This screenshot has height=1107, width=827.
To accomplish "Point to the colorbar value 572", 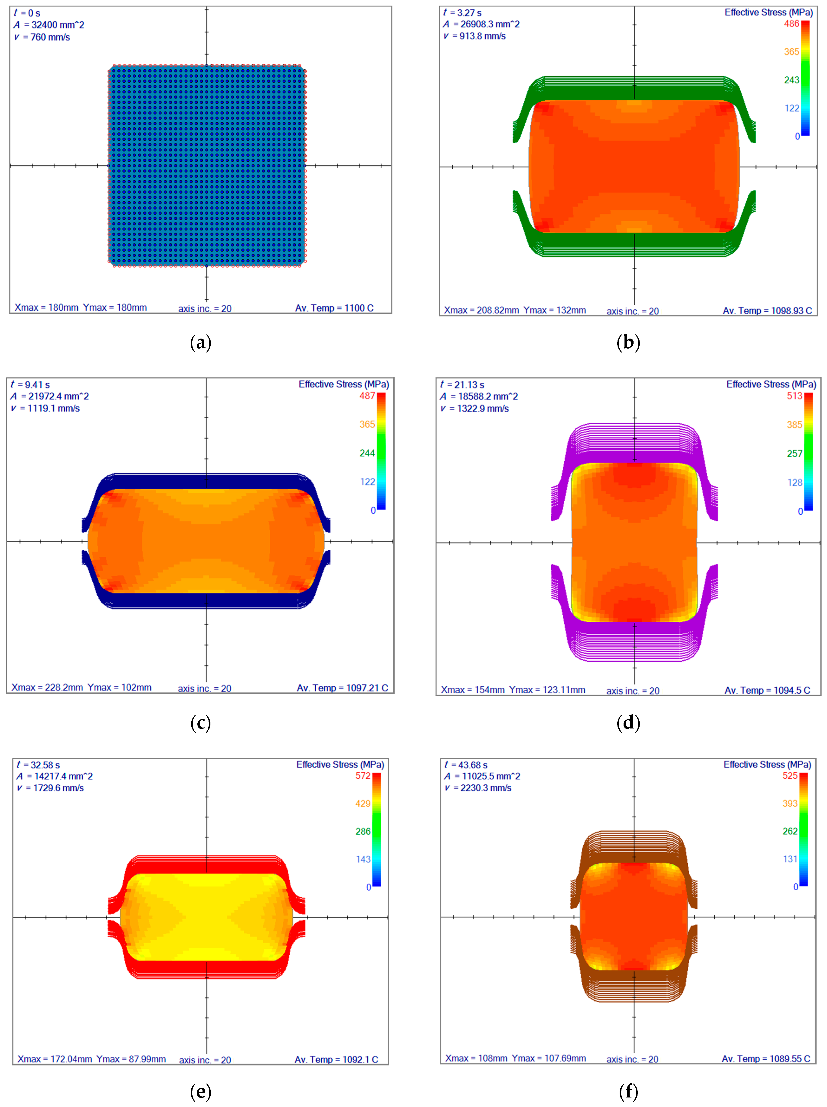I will (363, 776).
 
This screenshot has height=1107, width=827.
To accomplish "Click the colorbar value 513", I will (794, 396).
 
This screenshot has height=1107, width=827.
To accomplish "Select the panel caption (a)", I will (201, 343).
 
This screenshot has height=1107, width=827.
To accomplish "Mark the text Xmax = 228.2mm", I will (47, 688).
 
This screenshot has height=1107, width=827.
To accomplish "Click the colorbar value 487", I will (367, 396).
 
